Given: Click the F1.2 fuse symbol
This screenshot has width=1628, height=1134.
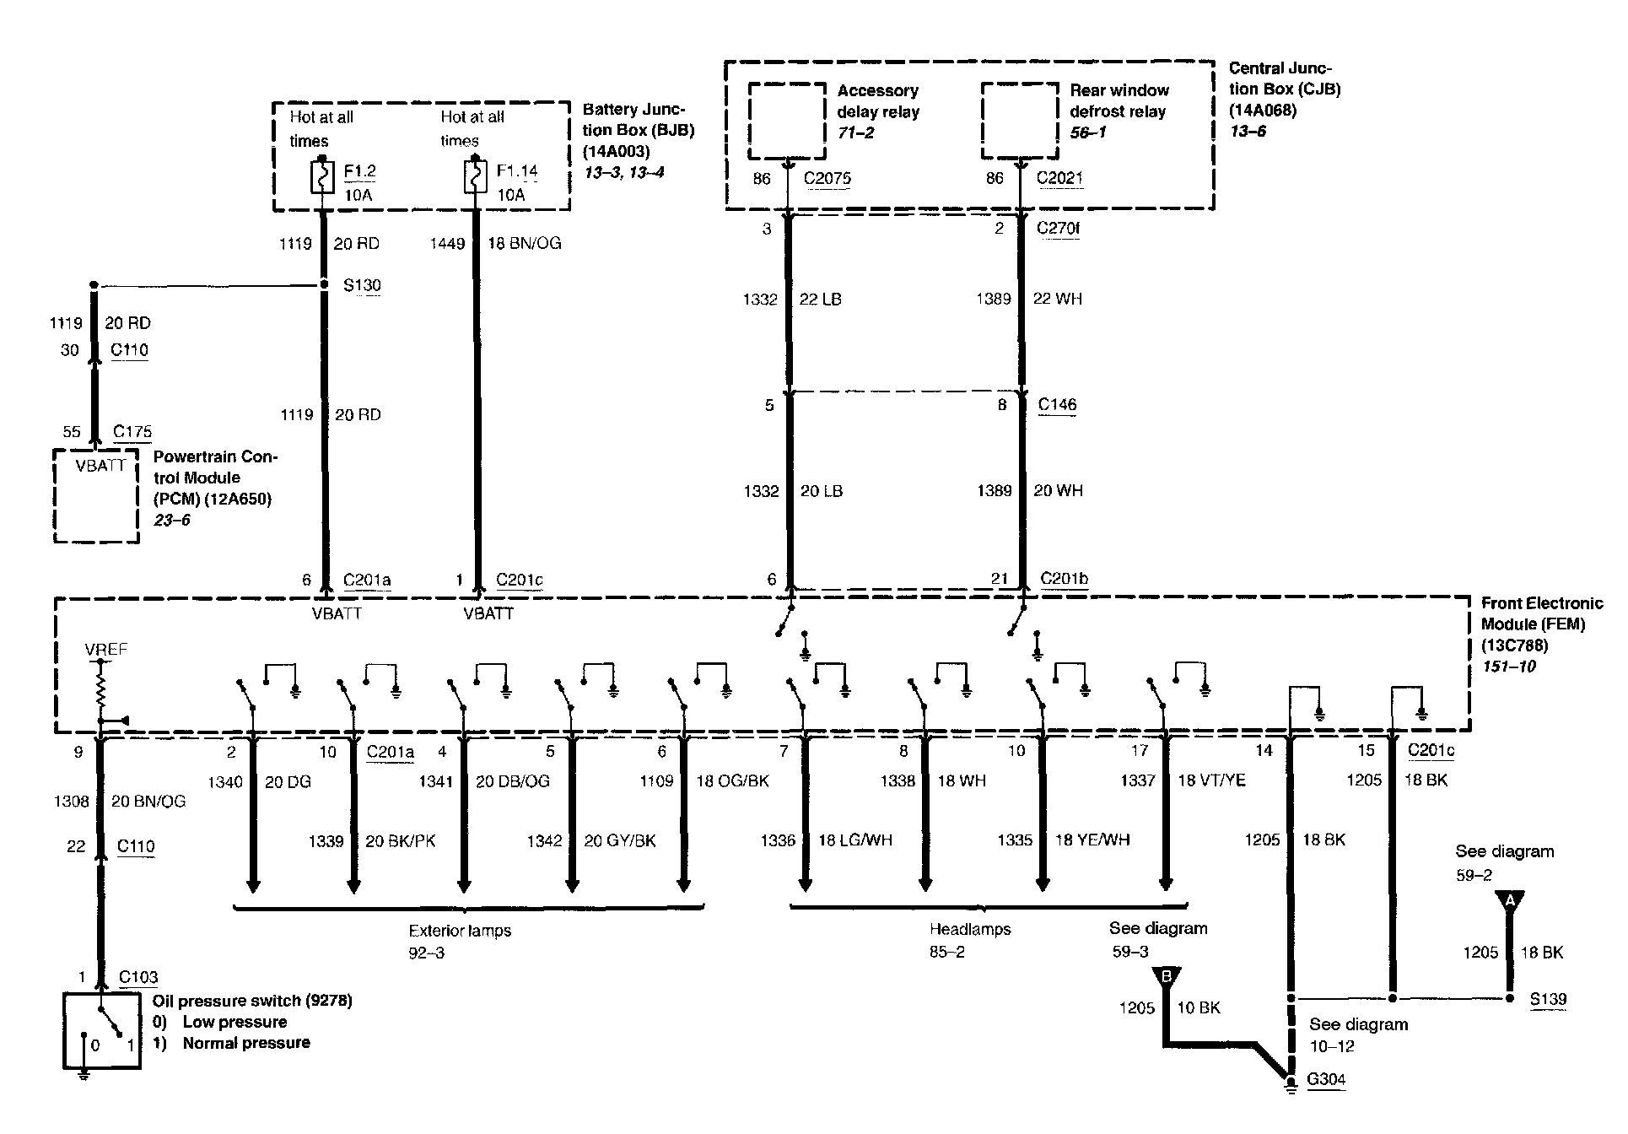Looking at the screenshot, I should coord(322,177).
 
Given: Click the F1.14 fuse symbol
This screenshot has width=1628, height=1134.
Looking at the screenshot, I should coord(475,177).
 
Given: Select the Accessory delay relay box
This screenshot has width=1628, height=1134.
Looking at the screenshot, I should coord(786,121).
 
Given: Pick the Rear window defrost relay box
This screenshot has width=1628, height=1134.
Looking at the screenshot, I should coord(1020,121).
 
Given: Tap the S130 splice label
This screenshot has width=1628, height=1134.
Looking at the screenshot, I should coord(362,285).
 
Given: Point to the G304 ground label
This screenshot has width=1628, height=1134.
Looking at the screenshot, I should coord(1326,1079).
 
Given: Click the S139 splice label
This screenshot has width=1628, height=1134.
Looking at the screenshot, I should coord(1548,999).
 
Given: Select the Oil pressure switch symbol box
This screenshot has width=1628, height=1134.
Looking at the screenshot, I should coord(101,1031).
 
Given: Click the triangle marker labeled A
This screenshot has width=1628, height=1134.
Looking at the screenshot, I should coord(1511,902).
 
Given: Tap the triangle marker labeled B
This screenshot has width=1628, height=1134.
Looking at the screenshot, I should coord(1167,977).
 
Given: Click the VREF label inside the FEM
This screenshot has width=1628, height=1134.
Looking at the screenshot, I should coord(106,650).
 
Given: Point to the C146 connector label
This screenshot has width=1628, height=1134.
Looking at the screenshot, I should coord(1057,404).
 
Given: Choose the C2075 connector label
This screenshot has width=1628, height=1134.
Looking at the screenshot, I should coord(827,178).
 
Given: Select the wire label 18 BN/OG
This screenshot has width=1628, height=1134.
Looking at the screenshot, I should coord(525,244).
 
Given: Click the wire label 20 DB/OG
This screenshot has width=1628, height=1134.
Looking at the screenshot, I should coord(513,781).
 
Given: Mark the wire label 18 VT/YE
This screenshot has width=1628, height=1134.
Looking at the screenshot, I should coord(1211,780).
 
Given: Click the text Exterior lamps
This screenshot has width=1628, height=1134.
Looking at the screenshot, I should coord(460,931).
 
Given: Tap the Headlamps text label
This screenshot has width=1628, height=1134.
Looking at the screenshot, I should coord(970,929).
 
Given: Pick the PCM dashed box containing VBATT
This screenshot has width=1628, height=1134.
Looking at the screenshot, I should coord(96,495).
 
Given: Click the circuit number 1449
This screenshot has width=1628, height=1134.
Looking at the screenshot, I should coord(447,244).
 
